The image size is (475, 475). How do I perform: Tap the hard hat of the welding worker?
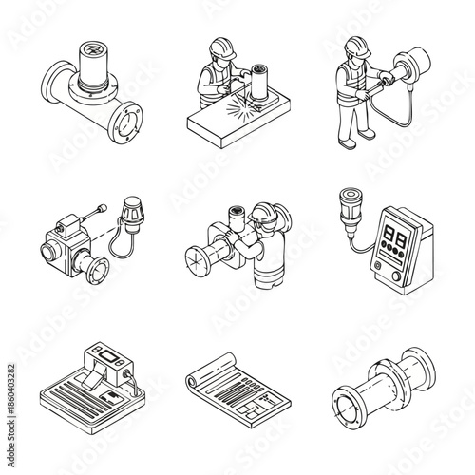(217, 47)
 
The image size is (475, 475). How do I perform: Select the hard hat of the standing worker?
(356, 45)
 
